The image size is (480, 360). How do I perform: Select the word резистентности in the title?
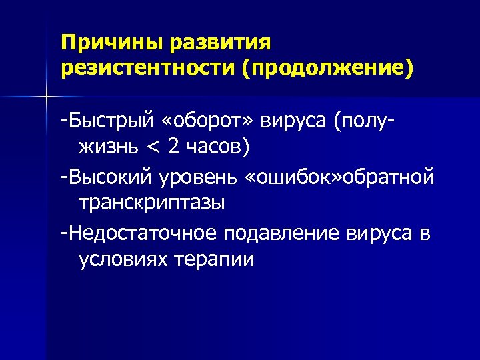tap(147, 68)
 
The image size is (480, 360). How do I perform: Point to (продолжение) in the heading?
tap(327, 68)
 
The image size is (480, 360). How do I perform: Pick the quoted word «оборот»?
tap(211, 122)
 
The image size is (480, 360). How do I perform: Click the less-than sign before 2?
tap(158, 147)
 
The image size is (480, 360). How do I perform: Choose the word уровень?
tap(201, 178)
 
